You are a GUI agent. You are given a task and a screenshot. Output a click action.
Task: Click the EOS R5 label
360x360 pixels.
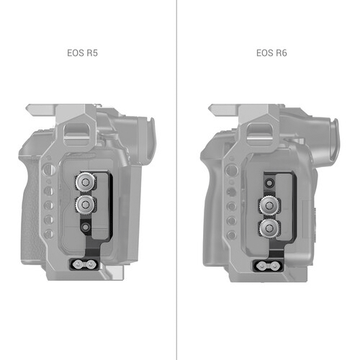pos(82,53)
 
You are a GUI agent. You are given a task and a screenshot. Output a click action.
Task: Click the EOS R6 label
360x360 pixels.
pos(271,53)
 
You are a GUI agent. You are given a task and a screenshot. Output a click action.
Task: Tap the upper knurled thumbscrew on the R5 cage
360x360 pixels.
pos(86,182)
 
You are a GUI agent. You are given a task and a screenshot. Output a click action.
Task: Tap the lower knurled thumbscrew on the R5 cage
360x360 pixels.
pos(86,204)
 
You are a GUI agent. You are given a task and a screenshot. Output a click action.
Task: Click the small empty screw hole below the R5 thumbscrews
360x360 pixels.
pos(86,227)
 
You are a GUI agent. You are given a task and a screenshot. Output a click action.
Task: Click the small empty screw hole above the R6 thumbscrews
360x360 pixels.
pos(269,184)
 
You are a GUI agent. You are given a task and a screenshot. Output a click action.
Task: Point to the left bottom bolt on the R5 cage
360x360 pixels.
pos(77,265)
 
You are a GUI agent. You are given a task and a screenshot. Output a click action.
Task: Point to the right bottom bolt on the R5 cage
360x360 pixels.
pos(90,265)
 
